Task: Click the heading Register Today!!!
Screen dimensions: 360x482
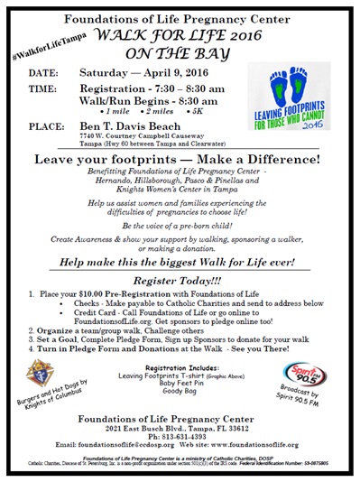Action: click(x=180, y=281)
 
